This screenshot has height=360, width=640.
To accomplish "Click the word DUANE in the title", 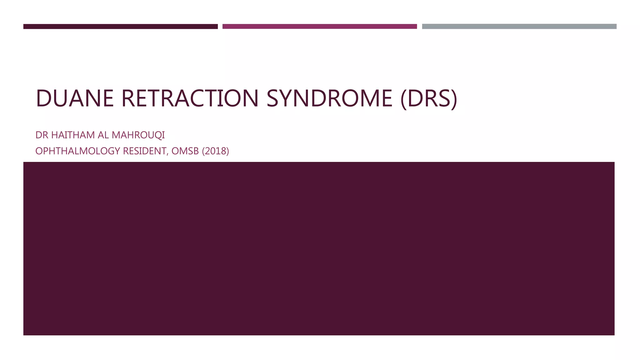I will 75,98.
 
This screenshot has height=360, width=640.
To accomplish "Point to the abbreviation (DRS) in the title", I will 429,98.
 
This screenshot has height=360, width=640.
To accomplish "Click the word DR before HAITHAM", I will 42,135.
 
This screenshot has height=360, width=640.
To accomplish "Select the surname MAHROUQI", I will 138,135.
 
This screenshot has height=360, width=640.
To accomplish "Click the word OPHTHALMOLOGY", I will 78,151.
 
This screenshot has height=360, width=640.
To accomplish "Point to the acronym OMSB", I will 185,151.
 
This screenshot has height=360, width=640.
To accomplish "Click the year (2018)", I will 216,151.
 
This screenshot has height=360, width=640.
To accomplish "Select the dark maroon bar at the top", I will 120,27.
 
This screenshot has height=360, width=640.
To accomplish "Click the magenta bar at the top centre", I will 320,27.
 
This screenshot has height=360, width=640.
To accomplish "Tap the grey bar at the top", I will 519,27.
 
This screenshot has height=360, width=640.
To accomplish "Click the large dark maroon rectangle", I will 319,248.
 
